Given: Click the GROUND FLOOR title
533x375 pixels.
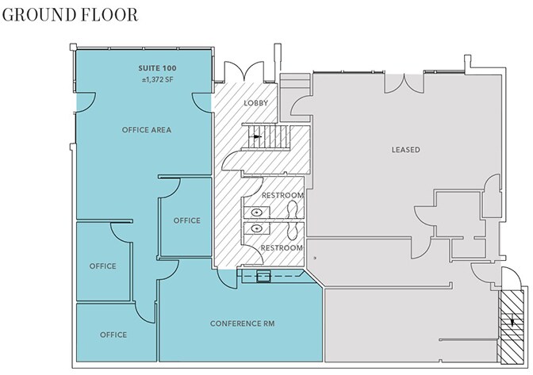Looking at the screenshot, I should pyautogui.click(x=69, y=14).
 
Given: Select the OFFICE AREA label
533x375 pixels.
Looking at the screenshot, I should pyautogui.click(x=146, y=129).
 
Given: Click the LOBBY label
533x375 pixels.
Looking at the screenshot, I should pyautogui.click(x=255, y=104).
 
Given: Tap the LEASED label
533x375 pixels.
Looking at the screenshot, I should pyautogui.click(x=405, y=149).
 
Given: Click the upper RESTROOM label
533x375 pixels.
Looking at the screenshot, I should pyautogui.click(x=282, y=196).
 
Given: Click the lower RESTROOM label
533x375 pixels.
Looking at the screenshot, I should pyautogui.click(x=282, y=248).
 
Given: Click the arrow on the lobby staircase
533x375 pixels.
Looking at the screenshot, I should pyautogui.click(x=257, y=136).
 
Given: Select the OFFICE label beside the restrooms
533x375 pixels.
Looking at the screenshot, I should pyautogui.click(x=186, y=220).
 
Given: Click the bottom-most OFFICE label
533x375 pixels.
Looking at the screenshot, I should pyautogui.click(x=113, y=335).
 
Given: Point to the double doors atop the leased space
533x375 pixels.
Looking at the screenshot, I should pyautogui.click(x=412, y=82).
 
